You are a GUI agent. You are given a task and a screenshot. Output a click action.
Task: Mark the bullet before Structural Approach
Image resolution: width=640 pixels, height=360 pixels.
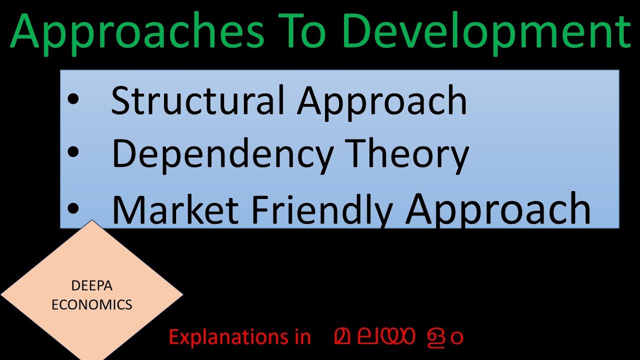(73, 99)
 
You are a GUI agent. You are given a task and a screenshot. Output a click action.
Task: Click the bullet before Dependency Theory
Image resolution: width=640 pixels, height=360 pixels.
(73, 152)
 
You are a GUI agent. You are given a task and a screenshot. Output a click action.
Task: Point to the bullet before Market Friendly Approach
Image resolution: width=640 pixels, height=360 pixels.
(73, 208)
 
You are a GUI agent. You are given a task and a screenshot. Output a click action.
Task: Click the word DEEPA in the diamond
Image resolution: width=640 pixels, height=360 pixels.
(92, 286)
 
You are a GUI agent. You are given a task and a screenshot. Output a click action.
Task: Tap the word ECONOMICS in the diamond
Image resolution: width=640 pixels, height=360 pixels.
(92, 304)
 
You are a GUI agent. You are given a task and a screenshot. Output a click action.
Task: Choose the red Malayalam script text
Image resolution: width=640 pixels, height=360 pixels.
(398, 337)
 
